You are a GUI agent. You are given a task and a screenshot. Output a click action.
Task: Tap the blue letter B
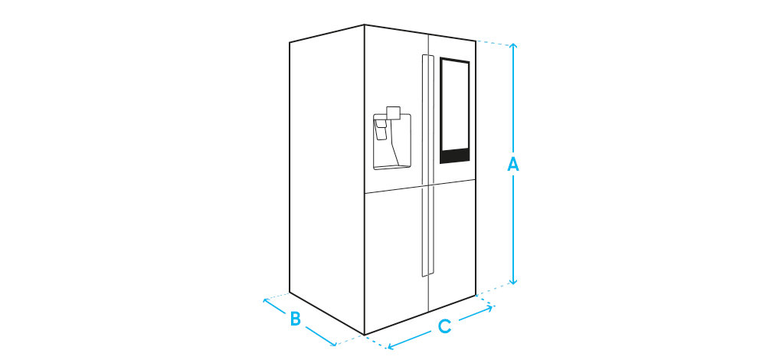pyautogui.click(x=295, y=318)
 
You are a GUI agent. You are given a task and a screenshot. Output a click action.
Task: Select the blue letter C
pyautogui.click(x=444, y=326)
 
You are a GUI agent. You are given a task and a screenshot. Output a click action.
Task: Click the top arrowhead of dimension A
pyautogui.click(x=514, y=47)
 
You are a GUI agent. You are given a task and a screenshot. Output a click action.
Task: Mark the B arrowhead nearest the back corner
pyautogui.click(x=266, y=300)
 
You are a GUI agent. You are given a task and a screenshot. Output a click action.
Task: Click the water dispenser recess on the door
pyautogui.click(x=391, y=142)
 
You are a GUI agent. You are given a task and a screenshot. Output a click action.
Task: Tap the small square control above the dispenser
pyautogui.click(x=394, y=113)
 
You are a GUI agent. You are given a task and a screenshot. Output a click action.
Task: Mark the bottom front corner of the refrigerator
pyautogui.click(x=365, y=335)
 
